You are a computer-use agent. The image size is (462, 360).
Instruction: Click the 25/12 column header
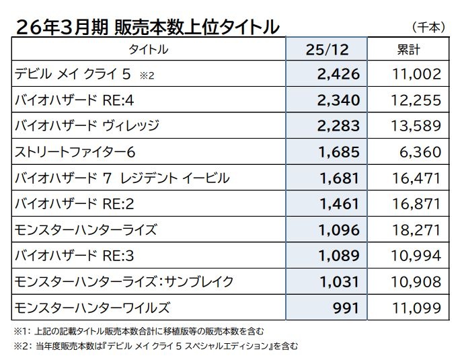[x=327, y=50]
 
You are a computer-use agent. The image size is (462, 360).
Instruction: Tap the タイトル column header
[x=149, y=50]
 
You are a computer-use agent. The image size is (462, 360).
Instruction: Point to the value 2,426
[x=338, y=74]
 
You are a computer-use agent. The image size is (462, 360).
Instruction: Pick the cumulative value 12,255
[x=416, y=100]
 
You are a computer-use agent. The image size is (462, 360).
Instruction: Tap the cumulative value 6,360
[x=420, y=152]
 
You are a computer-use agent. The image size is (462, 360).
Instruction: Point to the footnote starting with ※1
[x=139, y=331]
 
